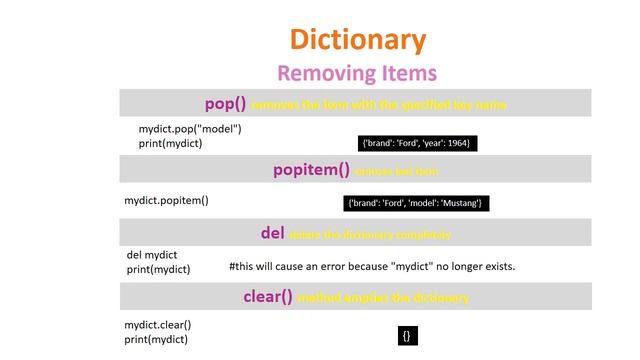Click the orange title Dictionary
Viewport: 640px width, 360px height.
[x=357, y=40]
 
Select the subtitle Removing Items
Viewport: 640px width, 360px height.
[x=357, y=73]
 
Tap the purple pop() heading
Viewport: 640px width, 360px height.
[x=225, y=104]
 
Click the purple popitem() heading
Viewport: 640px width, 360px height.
[x=311, y=170]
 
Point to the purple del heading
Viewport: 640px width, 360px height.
[x=273, y=233]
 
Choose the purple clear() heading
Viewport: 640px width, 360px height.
[x=268, y=297]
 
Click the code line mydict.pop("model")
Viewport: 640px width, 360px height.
[x=190, y=129]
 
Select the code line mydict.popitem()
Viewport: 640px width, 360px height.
[x=166, y=200]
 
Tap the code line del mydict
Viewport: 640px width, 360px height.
[x=152, y=255]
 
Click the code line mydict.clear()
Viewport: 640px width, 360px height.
[x=158, y=325]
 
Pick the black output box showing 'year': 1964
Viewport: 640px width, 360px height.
[x=416, y=144]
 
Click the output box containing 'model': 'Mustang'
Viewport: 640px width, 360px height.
[x=415, y=204]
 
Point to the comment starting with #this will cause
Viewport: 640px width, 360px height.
[x=372, y=267]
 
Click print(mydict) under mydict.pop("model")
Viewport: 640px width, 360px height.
[x=170, y=143]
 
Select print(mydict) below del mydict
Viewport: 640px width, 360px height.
[x=158, y=269]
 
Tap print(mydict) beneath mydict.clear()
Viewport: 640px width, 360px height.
[x=156, y=339]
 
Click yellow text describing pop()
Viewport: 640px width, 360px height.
[x=378, y=105]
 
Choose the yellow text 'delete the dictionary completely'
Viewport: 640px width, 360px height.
[x=369, y=235]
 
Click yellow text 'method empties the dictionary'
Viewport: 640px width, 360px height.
[x=384, y=298]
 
